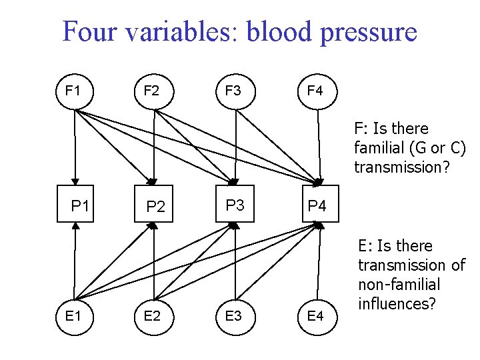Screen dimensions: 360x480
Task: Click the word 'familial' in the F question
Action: pos(380,147)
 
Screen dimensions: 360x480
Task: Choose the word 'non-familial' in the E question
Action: pos(399,285)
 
